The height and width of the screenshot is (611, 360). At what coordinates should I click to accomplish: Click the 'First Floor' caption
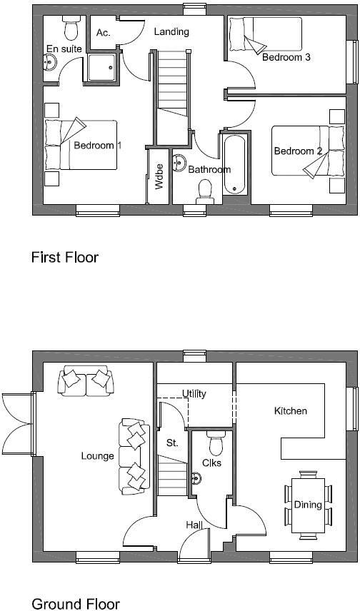coord(64,257)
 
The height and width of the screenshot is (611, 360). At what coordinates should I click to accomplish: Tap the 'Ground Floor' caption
coord(75,604)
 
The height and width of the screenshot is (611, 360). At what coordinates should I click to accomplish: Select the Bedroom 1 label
coord(97,146)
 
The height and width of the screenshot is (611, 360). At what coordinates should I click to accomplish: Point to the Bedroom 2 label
coord(299,151)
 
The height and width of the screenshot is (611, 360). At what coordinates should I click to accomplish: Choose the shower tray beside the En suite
coord(102,66)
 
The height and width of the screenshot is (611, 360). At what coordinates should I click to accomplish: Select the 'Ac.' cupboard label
coord(103,32)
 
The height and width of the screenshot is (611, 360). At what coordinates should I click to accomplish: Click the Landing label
coord(171,31)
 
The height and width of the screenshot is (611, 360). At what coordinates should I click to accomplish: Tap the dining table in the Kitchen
coord(308,504)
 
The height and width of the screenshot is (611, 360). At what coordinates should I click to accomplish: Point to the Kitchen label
coord(291,411)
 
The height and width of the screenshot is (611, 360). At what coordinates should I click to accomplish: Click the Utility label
coord(194,393)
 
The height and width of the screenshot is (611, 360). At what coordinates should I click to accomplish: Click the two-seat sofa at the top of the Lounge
coord(84,380)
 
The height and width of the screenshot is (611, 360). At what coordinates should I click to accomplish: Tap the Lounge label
coord(97,456)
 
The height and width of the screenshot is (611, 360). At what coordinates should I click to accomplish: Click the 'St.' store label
coord(172,443)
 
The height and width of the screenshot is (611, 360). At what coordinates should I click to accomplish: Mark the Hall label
coord(194,525)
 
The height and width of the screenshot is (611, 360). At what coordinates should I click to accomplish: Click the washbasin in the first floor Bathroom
coord(180,161)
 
